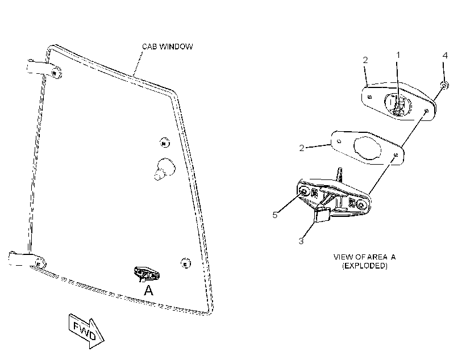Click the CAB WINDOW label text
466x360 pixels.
click(167, 47)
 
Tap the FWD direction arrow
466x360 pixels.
click(86, 330)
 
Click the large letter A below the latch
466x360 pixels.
click(148, 290)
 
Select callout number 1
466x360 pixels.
click(398, 55)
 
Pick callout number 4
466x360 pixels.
click(445, 56)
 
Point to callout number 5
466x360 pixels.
click(275, 215)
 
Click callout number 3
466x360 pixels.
click(301, 241)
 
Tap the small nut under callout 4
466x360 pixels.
click(444, 86)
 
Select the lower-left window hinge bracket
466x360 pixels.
click(27, 260)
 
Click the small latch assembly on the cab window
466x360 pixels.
click(146, 274)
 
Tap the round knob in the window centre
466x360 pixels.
click(164, 169)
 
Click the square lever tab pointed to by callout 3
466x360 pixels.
click(323, 215)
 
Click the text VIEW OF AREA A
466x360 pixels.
click(364, 257)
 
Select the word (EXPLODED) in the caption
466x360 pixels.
click(365, 266)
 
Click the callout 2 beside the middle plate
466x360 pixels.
click(302, 148)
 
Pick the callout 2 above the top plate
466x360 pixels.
click(365, 60)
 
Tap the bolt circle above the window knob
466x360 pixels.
click(164, 143)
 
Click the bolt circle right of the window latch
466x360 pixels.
click(186, 263)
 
